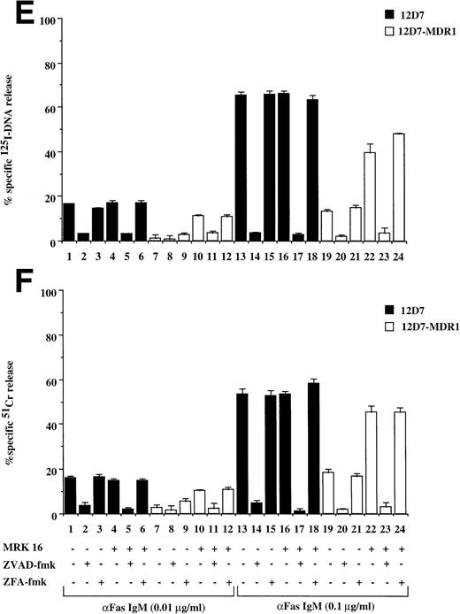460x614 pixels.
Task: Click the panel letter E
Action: coord(16,16)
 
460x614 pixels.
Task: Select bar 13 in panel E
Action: coord(240,167)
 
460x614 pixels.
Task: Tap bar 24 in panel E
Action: coord(404,188)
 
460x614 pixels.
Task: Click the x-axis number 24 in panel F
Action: coord(404,528)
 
